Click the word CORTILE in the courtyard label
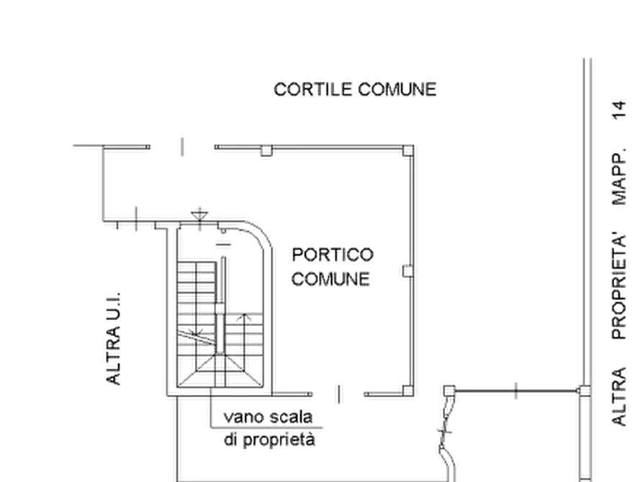pyautogui.click(x=313, y=89)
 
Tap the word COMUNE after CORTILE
pyautogui.click(x=397, y=89)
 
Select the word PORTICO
pyautogui.click(x=333, y=255)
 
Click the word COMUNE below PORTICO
pyautogui.click(x=331, y=279)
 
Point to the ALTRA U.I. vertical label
pyautogui.click(x=114, y=339)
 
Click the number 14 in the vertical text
pyautogui.click(x=620, y=110)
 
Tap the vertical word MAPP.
pyautogui.click(x=620, y=177)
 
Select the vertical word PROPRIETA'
pyautogui.click(x=620, y=286)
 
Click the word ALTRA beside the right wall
pyautogui.click(x=620, y=396)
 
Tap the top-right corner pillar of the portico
pyautogui.click(x=408, y=150)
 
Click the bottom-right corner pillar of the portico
pyautogui.click(x=408, y=391)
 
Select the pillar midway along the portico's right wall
pyautogui.click(x=408, y=271)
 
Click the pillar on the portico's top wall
pyautogui.click(x=266, y=151)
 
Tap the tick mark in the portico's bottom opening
pyautogui.click(x=339, y=394)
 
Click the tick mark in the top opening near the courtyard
pyautogui.click(x=182, y=147)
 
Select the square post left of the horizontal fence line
pyautogui.click(x=449, y=391)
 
